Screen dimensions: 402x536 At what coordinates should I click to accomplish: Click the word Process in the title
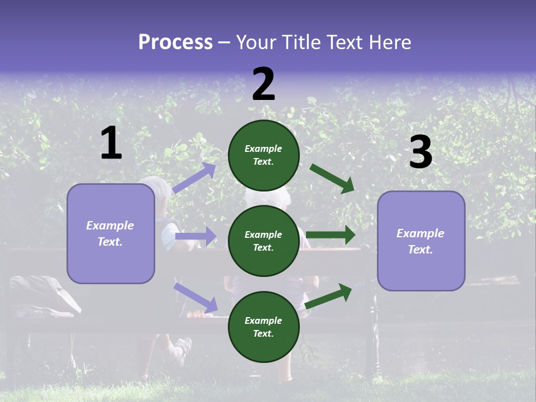tap(175, 42)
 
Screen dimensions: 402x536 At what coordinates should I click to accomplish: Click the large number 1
tap(111, 143)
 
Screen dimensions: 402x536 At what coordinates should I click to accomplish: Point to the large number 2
tap(264, 84)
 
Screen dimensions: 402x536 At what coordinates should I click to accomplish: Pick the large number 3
tap(420, 152)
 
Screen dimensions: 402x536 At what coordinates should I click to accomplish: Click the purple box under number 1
tap(111, 233)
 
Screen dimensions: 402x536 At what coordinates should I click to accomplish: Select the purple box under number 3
tap(421, 241)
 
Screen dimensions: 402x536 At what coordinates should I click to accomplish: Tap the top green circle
tap(264, 155)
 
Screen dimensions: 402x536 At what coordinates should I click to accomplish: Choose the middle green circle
tap(264, 241)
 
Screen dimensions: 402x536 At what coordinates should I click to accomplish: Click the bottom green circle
tap(264, 327)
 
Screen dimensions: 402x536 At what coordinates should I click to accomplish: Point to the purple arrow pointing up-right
tap(194, 178)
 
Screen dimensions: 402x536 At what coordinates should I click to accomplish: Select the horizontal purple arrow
tap(195, 236)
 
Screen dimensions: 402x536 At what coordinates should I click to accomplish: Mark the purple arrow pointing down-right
tap(195, 297)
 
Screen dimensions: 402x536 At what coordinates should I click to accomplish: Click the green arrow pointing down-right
tap(332, 179)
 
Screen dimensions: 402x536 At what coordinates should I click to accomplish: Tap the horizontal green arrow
tap(331, 235)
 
